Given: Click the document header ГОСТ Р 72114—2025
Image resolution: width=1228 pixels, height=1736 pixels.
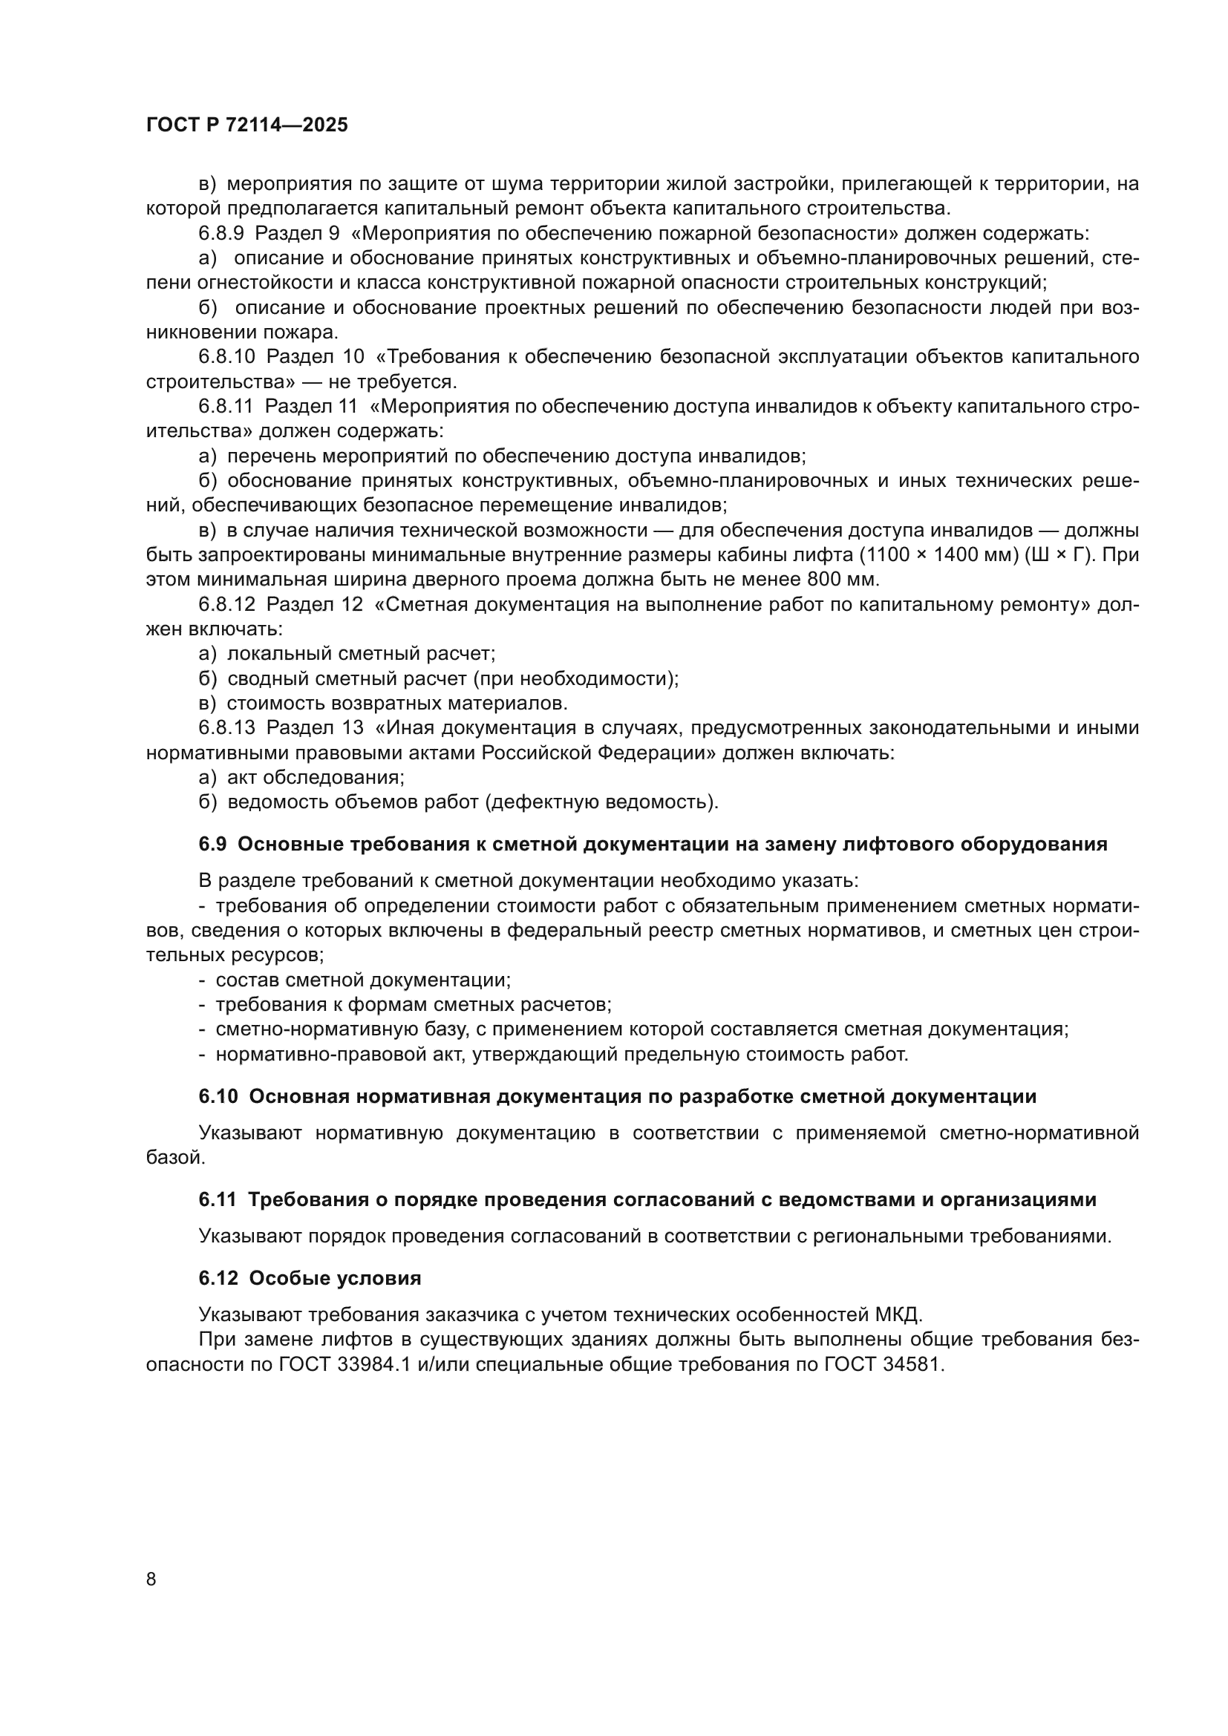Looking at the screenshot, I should (247, 125).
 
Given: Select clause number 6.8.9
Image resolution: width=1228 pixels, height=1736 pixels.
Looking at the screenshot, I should (221, 234).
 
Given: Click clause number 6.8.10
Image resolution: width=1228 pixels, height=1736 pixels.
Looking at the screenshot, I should (227, 357).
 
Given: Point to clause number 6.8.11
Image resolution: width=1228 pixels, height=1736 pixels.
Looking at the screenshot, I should (226, 407).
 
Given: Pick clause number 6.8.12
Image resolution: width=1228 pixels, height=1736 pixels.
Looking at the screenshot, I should (227, 605).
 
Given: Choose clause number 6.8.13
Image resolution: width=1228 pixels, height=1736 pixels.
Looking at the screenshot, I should (227, 728).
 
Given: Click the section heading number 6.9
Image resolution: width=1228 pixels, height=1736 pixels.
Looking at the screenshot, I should (212, 845).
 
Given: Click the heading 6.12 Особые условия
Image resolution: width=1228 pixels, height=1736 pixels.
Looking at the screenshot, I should (310, 1279).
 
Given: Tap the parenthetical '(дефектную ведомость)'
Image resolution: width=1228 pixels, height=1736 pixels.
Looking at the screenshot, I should (602, 802).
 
